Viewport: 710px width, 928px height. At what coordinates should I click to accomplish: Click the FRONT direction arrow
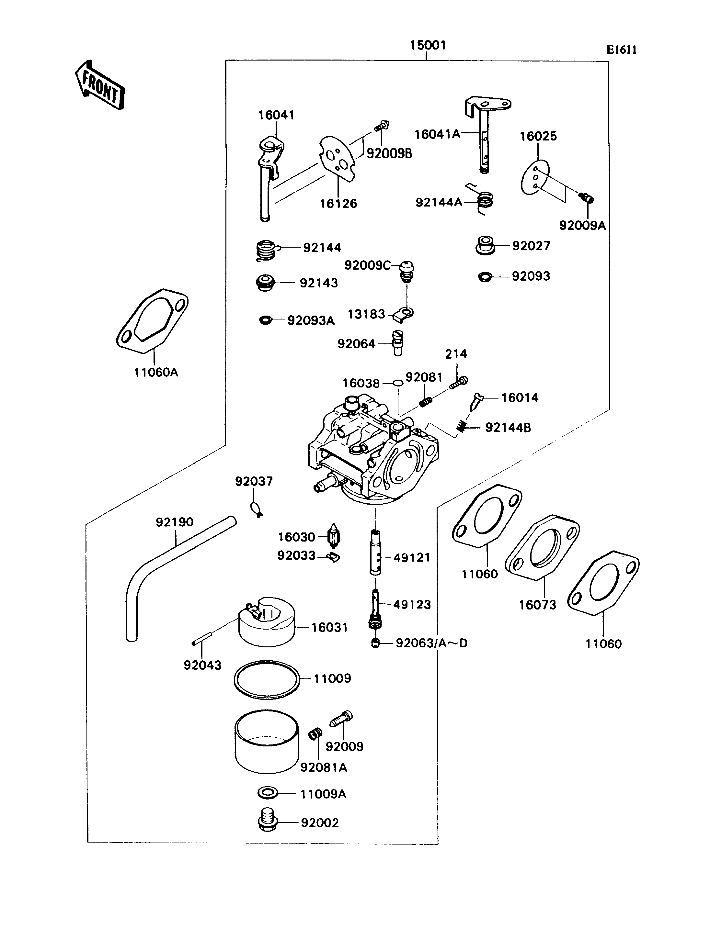pos(100,85)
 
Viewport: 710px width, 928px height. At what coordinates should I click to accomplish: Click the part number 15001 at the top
pos(428,45)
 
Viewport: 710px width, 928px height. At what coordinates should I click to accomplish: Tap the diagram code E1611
pos(621,50)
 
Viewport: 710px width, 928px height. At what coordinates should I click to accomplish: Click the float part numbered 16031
pos(267,622)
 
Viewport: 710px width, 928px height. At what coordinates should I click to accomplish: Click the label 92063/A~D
pos(431,643)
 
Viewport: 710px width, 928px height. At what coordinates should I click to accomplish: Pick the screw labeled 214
pos(458,382)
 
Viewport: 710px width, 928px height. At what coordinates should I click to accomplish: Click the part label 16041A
pos(437,134)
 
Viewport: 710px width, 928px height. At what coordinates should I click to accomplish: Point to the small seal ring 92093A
pos(265,320)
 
